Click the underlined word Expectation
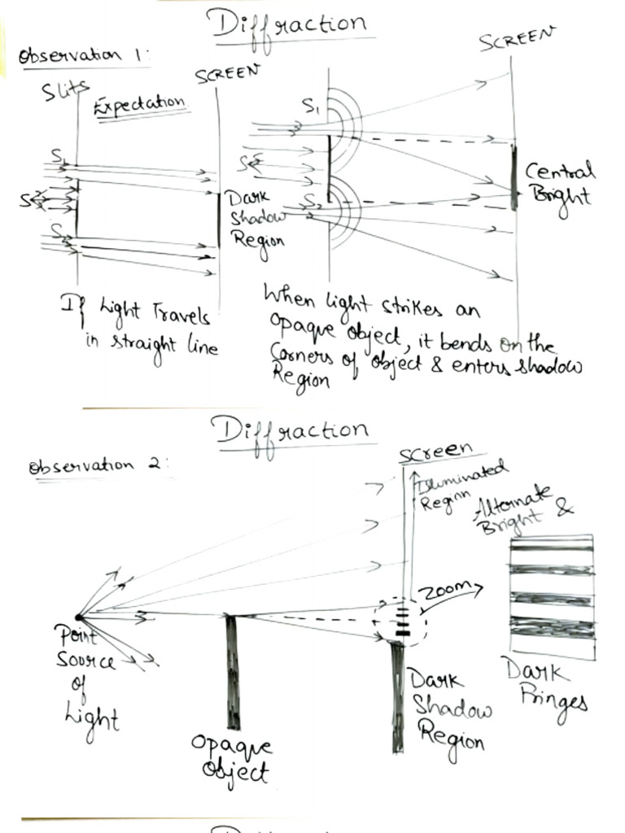[x=140, y=105]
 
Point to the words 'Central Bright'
[x=560, y=184]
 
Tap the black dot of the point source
[x=78, y=617]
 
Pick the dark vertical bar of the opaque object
[x=233, y=671]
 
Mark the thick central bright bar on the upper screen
[x=514, y=177]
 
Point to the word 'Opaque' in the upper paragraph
[x=298, y=334]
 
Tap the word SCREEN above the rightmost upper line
[x=516, y=38]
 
